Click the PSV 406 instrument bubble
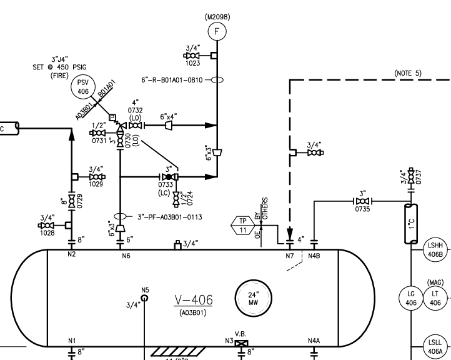tap(82, 87)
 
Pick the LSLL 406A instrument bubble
tap(434, 346)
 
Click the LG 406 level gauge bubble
tap(410, 298)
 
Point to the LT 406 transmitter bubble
tap(435, 298)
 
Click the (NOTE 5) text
tap(408, 73)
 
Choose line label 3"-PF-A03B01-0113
tap(169, 217)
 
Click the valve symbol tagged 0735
tap(362, 201)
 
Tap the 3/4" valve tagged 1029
tap(97, 176)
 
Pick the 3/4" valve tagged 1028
tap(47, 224)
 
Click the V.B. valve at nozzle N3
tap(240, 343)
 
